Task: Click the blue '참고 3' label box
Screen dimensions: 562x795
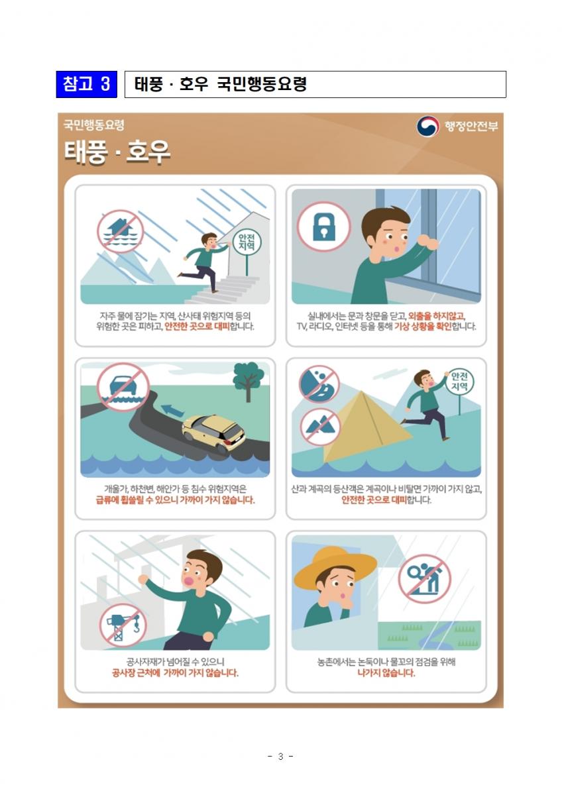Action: point(86,85)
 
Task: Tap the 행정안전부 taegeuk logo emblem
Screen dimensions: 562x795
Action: point(427,126)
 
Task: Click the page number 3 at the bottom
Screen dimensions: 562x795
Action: point(280,757)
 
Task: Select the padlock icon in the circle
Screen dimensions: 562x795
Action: point(324,227)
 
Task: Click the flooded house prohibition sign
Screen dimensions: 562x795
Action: point(121,231)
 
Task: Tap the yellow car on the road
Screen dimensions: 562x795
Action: point(213,434)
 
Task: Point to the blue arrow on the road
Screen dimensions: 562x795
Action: point(172,410)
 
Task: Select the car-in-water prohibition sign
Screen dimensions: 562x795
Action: point(123,387)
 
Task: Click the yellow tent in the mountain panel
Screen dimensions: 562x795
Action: point(366,427)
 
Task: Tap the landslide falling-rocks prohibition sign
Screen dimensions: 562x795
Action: point(319,384)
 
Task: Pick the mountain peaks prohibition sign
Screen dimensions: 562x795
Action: point(320,427)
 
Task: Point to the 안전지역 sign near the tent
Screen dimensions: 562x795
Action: point(459,382)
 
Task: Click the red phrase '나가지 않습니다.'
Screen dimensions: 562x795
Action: point(386,672)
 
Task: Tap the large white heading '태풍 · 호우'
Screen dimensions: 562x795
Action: point(117,152)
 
